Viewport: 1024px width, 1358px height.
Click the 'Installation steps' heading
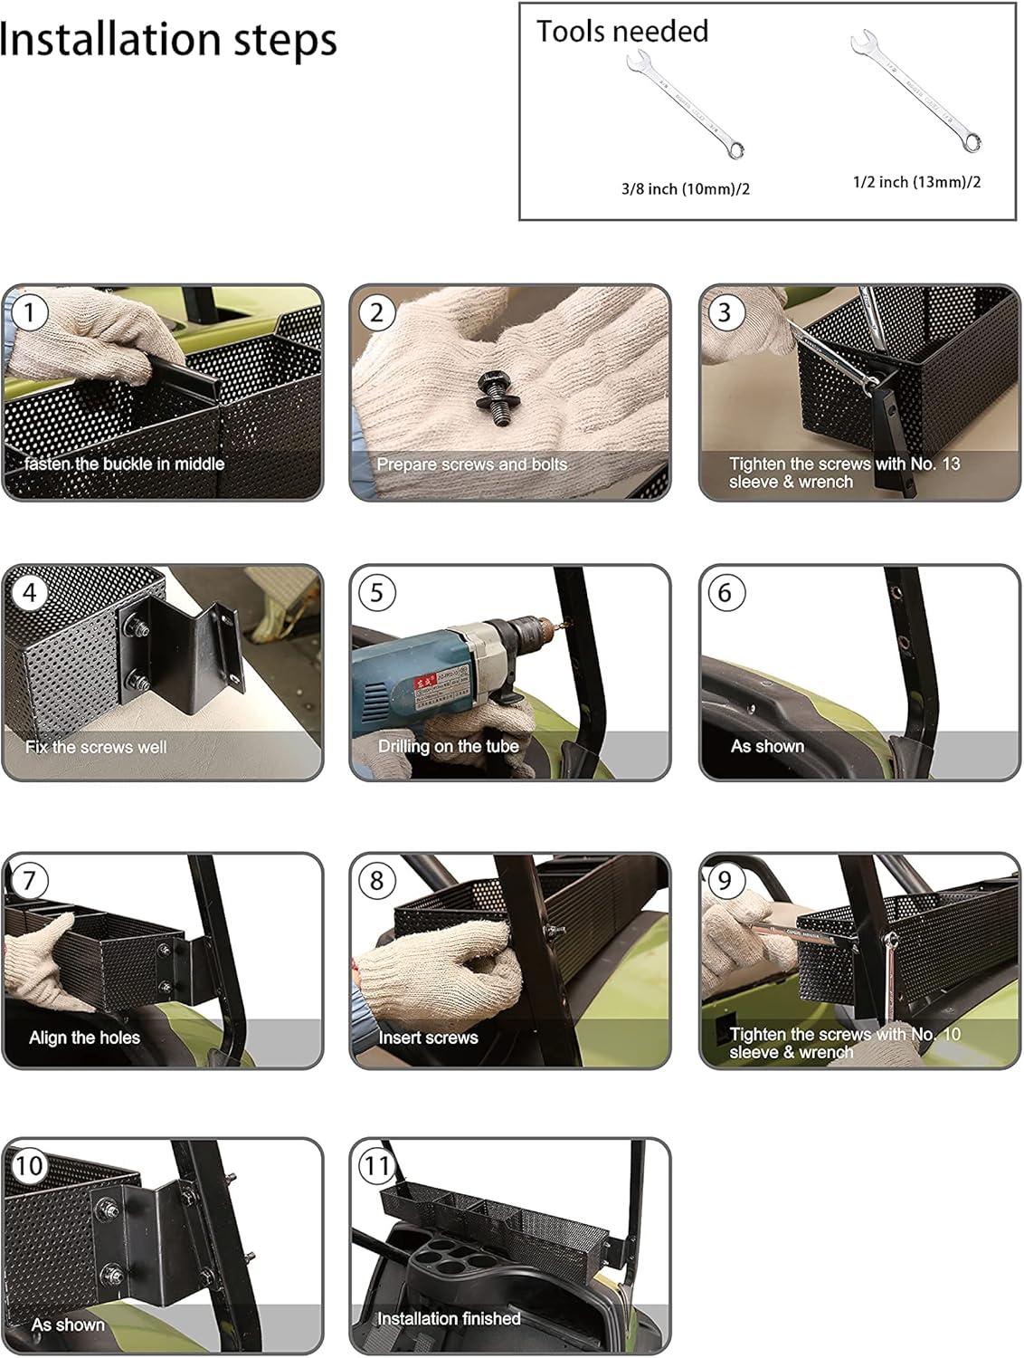(x=168, y=40)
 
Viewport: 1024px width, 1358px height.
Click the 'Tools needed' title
(x=622, y=31)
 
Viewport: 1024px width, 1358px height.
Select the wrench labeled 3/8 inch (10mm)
(x=686, y=104)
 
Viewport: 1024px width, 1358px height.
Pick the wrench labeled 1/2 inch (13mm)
(x=915, y=91)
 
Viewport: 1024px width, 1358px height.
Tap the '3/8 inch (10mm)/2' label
(x=686, y=188)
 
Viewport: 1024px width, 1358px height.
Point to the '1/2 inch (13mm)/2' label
(x=916, y=182)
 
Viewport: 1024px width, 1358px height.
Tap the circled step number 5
(x=376, y=593)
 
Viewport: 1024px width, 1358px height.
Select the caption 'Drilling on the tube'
(x=448, y=746)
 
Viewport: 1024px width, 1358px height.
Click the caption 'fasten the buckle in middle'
(x=124, y=464)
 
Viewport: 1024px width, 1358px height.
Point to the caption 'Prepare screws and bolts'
(x=471, y=464)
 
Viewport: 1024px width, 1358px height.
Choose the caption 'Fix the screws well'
(x=96, y=747)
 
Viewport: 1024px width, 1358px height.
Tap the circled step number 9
(x=725, y=880)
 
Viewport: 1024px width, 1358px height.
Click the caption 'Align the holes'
(x=85, y=1038)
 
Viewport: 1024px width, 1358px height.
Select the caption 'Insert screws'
(x=428, y=1038)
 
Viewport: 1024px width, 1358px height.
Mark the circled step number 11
(x=376, y=1165)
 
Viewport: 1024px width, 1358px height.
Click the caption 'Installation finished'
(x=449, y=1318)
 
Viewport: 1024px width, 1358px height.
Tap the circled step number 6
(x=725, y=593)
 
